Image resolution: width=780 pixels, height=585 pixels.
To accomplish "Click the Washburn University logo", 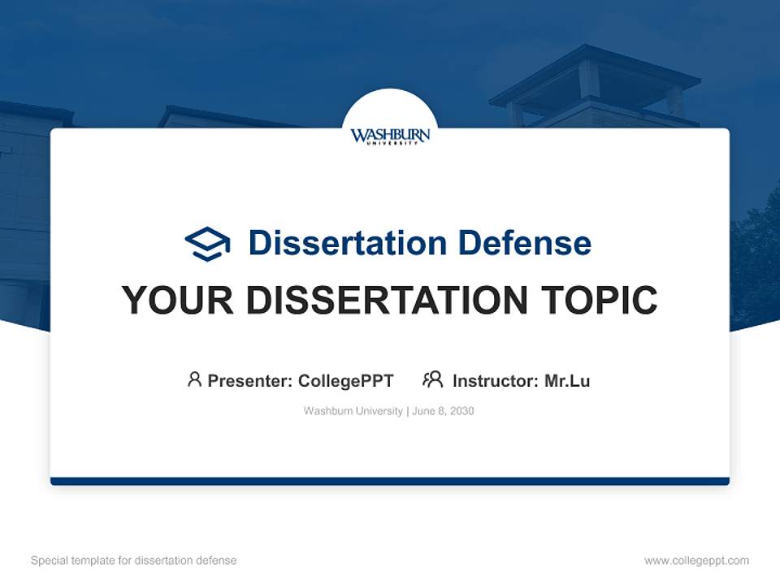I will (390, 135).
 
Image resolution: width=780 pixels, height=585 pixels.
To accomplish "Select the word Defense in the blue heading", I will (524, 243).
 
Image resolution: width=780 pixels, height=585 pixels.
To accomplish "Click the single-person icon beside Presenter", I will (194, 379).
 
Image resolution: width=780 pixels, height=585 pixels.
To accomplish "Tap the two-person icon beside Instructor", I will (432, 379).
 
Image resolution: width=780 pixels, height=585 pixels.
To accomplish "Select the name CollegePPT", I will (345, 380).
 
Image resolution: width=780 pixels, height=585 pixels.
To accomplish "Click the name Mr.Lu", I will (567, 380).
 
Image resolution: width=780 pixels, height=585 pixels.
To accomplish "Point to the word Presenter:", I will (250, 380).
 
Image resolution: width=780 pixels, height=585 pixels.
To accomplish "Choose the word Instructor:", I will (496, 380).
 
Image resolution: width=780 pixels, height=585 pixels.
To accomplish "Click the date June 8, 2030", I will (443, 411).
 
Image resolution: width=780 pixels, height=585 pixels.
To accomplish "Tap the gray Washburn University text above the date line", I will (353, 411).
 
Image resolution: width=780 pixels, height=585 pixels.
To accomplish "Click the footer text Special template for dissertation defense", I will (133, 561).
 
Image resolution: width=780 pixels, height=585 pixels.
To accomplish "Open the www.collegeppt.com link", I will (696, 561).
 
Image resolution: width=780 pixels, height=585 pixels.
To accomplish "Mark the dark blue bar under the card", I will (390, 481).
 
